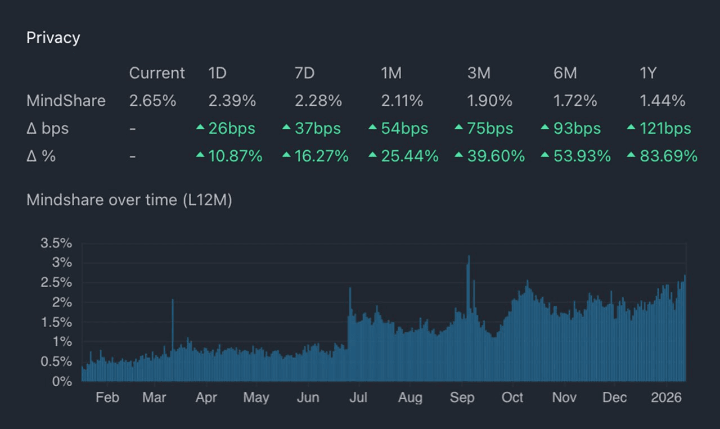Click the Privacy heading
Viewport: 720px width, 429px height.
(53, 38)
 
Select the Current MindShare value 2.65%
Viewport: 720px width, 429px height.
(152, 101)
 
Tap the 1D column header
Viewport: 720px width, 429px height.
(217, 73)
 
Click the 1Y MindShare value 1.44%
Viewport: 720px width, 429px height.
(662, 101)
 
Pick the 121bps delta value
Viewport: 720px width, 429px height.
(665, 128)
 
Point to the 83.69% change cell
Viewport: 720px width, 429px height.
(668, 156)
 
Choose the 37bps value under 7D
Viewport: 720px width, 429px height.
(318, 128)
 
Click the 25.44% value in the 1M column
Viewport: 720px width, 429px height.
(409, 156)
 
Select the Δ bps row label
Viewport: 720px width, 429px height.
(47, 128)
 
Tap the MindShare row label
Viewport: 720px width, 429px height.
(66, 101)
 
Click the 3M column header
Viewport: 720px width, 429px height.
(479, 73)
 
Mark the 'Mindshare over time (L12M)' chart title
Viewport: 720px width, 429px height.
(129, 200)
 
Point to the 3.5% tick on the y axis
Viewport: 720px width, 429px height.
(56, 243)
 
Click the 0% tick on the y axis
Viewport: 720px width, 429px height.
(62, 381)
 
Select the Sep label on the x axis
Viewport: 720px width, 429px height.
(462, 398)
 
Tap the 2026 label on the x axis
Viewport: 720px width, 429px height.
(666, 398)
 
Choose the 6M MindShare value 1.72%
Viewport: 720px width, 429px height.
(575, 101)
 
